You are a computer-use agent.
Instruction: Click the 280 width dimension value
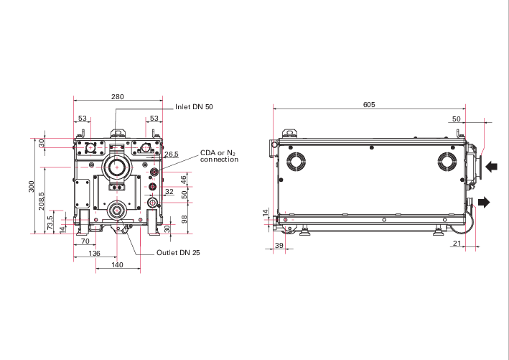click(x=118, y=96)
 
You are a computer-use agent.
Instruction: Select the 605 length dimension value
click(x=369, y=105)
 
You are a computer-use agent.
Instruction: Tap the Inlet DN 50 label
click(x=194, y=107)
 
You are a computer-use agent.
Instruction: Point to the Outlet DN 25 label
click(x=178, y=252)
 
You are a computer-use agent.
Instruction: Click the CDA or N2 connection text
click(x=219, y=156)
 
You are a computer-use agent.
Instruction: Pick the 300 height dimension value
click(x=31, y=187)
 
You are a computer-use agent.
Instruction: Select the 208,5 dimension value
click(x=41, y=200)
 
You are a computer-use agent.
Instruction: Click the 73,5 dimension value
click(x=50, y=223)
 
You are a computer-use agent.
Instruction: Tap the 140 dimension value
click(x=117, y=265)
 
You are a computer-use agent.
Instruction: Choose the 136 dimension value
click(x=94, y=253)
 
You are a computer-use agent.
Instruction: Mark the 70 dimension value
click(x=85, y=241)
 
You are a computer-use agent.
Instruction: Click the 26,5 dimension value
click(x=172, y=154)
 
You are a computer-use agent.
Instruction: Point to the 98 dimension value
click(x=185, y=219)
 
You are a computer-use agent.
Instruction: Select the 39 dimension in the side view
click(x=279, y=245)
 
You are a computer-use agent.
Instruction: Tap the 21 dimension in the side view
click(x=457, y=243)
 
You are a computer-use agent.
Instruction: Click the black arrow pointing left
click(x=492, y=167)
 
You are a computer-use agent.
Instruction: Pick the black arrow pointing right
click(x=484, y=202)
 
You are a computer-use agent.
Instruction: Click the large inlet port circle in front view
click(x=117, y=167)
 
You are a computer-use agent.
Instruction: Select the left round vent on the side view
click(x=296, y=161)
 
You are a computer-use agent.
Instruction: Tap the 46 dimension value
click(x=184, y=180)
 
